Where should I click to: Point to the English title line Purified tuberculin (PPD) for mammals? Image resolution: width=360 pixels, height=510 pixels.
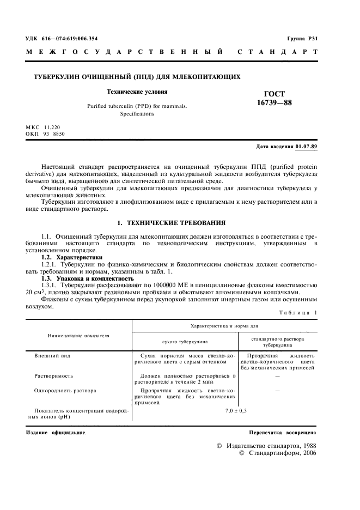tap(137, 106)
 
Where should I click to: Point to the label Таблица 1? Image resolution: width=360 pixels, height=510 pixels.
tap(298, 312)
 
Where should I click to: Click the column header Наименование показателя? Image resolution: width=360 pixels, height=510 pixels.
tap(78, 336)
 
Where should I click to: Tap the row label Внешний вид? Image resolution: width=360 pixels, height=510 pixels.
tap(52, 355)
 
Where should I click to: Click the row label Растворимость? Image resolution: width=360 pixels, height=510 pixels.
tap(54, 375)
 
